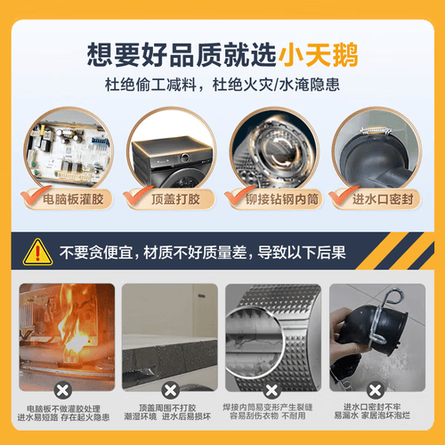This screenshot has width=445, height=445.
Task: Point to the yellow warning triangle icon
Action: point(36,251)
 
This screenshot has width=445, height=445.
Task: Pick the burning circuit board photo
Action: point(67,334)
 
